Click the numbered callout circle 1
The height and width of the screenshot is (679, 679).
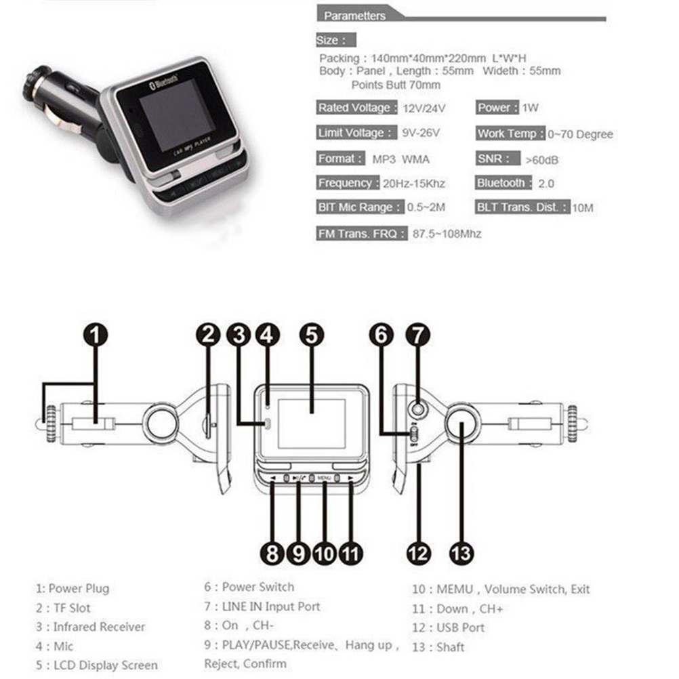pos(96,335)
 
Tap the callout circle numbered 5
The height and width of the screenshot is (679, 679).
pos(312,335)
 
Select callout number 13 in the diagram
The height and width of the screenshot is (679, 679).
pos(461,553)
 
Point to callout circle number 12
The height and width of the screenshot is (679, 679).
pos(419,553)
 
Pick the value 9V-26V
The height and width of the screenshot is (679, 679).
pos(420,133)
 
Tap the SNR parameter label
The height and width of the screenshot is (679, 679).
pos(497,159)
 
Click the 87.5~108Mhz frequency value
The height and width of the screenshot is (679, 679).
pos(447,234)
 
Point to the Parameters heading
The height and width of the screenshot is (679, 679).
pos(354,16)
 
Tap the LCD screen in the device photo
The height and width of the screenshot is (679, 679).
pos(177,117)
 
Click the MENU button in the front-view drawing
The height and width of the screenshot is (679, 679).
pos(324,478)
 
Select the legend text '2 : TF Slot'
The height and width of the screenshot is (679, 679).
pos(63,608)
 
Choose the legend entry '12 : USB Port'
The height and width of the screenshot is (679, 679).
pos(448,627)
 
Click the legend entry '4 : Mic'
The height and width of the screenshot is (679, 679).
pos(55,646)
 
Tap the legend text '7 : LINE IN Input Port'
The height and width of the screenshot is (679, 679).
pos(262,606)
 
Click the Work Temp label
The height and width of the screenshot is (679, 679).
pos(510,133)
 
